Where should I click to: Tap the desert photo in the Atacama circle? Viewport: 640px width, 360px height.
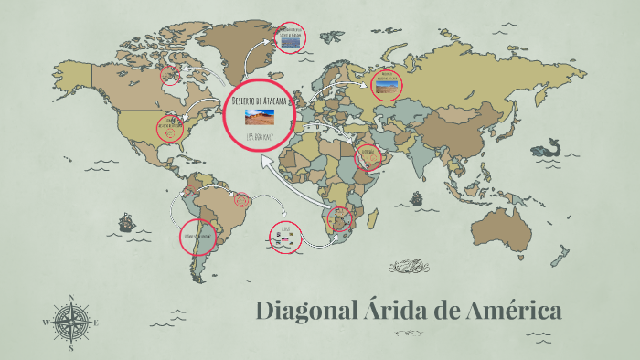click(260, 117)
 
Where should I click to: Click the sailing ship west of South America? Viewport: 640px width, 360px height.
click(125, 222)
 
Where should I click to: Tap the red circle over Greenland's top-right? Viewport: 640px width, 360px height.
click(290, 37)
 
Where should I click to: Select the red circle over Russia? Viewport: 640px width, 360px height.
click(386, 83)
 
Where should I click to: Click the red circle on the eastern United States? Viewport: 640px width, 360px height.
click(171, 128)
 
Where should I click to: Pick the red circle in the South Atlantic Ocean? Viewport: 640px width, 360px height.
click(285, 238)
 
